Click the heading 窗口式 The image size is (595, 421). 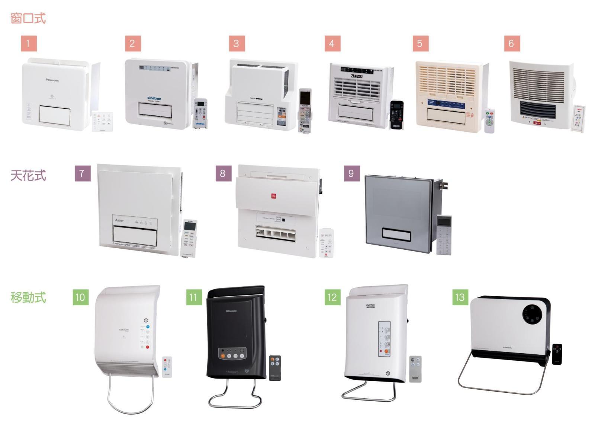coord(28,18)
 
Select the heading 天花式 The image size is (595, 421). coord(28,175)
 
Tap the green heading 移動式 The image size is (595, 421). coord(28,297)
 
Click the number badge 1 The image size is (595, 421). coord(29,44)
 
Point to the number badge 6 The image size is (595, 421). coord(512,44)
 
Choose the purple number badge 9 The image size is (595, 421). coord(351,173)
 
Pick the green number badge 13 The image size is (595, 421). coord(460,297)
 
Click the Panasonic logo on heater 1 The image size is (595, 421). coord(52,80)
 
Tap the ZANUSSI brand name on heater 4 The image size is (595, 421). coord(357,76)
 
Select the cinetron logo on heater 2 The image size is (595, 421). coord(154,99)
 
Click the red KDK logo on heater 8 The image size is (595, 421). coord(273,196)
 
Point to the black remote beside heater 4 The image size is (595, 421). coord(396,115)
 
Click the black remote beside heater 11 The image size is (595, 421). coord(275,368)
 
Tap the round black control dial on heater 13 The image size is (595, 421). coord(532,315)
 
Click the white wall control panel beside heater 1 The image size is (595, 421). coord(102,121)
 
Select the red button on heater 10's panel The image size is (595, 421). coord(148,347)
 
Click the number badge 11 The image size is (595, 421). coord(193,297)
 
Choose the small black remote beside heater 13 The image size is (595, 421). coord(557,354)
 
